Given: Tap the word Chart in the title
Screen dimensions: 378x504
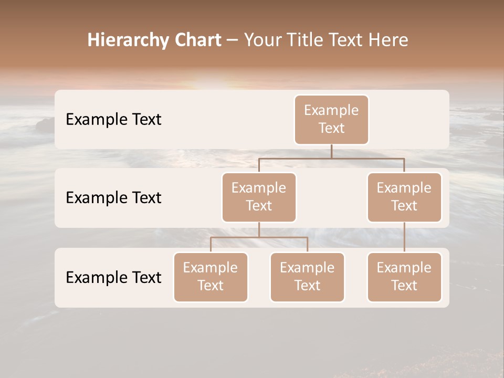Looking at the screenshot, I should pos(197,40).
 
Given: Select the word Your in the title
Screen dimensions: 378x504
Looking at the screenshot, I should pos(262,40).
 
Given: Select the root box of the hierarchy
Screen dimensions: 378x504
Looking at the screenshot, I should pos(331,120).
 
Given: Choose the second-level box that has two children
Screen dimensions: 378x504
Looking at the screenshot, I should pos(259,197).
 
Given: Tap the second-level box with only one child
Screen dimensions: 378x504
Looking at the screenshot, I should pos(404,197).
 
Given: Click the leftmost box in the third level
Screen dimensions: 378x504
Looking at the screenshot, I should pos(211,277).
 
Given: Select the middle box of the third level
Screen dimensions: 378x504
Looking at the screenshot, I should pos(307,277).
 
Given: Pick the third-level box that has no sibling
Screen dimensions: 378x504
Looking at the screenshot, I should pos(404,277).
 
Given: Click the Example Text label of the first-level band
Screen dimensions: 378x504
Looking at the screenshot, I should pos(113,120).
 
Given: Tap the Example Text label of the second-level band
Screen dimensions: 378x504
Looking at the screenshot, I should pos(113,198).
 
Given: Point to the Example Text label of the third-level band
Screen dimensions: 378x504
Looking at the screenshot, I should pos(113,277).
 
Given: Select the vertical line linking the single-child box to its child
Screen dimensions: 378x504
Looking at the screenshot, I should pos(404,237).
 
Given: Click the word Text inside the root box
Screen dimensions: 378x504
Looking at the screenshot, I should pos(331,128).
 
